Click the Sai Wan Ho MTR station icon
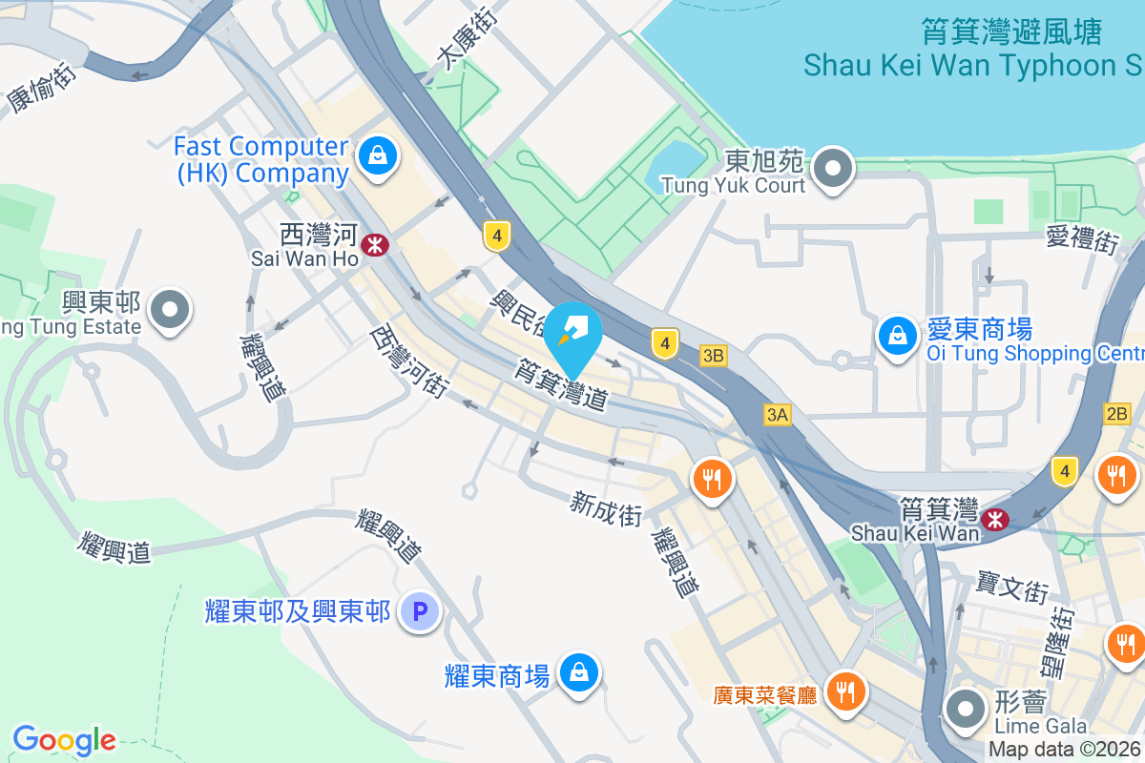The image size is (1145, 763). pyautogui.click(x=375, y=244)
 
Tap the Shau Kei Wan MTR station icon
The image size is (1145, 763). pyautogui.click(x=994, y=519)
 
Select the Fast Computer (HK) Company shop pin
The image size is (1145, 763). pyautogui.click(x=377, y=155)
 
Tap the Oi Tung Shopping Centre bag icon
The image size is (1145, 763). pyautogui.click(x=897, y=336)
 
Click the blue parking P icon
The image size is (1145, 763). pyautogui.click(x=419, y=609)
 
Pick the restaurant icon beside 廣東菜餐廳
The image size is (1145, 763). pyautogui.click(x=843, y=690)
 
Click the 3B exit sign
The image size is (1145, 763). pyautogui.click(x=713, y=356)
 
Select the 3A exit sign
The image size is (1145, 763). pyautogui.click(x=778, y=414)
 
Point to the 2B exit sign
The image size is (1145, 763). pyautogui.click(x=1116, y=414)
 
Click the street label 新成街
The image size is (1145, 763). pyautogui.click(x=606, y=508)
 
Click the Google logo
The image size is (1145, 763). pyautogui.click(x=64, y=740)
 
